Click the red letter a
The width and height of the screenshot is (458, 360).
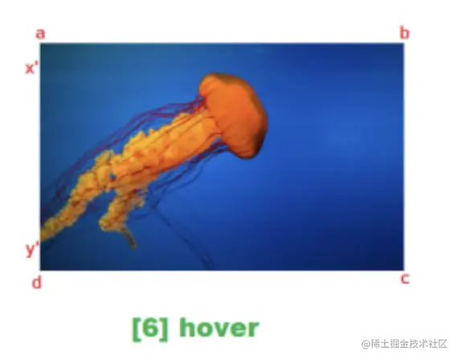tap(40, 33)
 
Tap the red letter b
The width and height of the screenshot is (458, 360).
tap(404, 33)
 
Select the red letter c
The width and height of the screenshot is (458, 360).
tap(405, 279)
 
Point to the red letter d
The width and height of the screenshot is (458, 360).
tap(36, 282)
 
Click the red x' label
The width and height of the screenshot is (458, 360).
tap(32, 68)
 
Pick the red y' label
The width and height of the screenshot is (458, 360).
tap(32, 249)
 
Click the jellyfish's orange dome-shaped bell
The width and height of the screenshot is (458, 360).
tap(235, 108)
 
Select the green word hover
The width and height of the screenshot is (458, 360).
tap(219, 328)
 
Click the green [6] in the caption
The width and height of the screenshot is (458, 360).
tap(150, 328)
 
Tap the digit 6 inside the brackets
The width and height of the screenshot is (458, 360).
tap(150, 328)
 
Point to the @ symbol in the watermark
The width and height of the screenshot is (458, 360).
tap(366, 343)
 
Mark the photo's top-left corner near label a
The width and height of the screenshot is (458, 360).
tap(41, 44)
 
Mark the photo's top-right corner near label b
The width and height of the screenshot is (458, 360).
tap(403, 44)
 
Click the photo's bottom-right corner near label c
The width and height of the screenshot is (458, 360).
tap(403, 269)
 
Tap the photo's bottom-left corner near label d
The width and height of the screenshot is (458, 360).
tap(41, 269)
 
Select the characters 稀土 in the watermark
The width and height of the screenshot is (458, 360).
tap(380, 343)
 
